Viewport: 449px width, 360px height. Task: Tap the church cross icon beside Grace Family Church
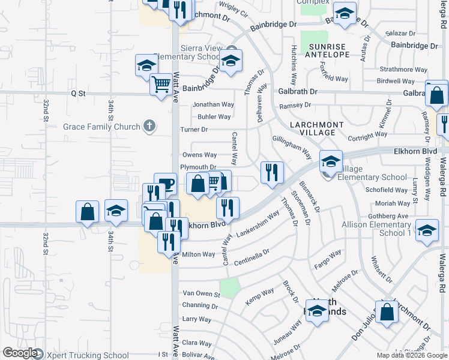149,126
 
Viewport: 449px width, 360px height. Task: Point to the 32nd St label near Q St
46,110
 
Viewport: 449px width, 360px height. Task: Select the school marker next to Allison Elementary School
427,230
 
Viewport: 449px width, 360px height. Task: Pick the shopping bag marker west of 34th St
88,211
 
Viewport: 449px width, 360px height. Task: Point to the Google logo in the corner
20,353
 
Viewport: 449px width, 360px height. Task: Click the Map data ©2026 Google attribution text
411,355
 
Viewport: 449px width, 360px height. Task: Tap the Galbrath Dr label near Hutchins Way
297,92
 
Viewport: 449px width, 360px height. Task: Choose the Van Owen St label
201,293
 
